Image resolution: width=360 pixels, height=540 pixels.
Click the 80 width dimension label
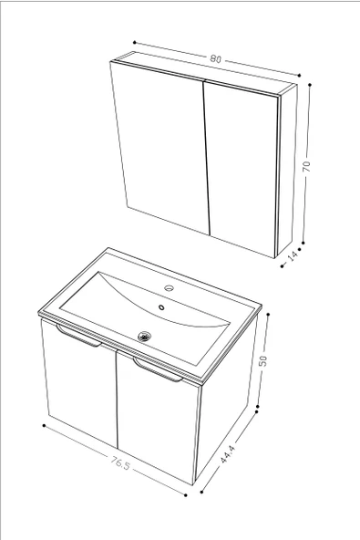215,59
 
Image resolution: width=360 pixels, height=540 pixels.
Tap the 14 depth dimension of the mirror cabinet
293,256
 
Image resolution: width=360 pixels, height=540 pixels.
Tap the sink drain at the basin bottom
143,336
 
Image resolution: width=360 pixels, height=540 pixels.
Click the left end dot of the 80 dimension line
134,42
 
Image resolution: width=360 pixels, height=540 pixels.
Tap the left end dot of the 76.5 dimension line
45,426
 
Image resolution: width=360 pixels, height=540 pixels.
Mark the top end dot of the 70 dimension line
311,85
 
